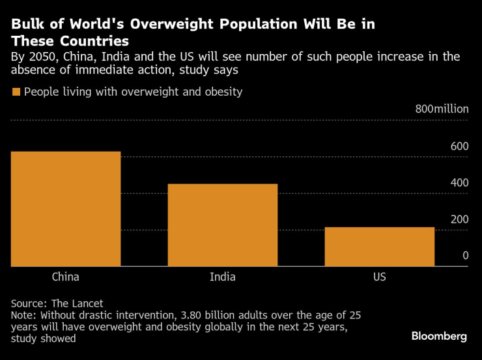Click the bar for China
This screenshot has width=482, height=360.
coord(66,209)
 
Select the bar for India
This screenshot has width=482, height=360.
coord(223,225)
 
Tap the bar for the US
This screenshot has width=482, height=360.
coord(380,247)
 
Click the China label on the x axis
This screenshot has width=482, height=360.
coord(66,277)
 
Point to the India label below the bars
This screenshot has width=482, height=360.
coord(223,277)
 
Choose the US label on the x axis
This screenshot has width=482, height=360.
coord(380,277)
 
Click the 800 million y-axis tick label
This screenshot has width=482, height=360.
coord(442,109)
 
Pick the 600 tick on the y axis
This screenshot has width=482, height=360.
coord(459,146)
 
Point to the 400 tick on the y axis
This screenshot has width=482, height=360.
coord(459,182)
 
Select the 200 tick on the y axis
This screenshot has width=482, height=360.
coord(459,219)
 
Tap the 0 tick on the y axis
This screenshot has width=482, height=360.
coord(466,255)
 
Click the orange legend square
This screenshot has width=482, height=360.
coord(16,92)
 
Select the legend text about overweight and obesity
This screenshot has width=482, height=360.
coord(134,92)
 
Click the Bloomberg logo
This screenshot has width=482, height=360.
coord(439,336)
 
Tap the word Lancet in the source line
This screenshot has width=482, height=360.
coord(88,303)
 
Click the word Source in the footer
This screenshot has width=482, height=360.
coord(28,303)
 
